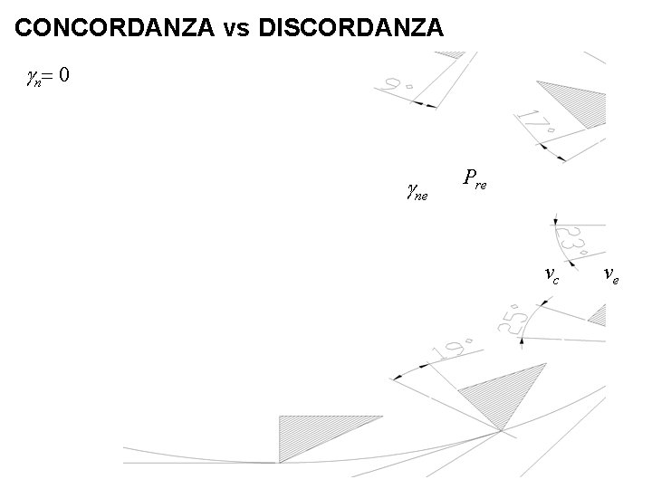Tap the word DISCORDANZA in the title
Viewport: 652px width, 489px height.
351,28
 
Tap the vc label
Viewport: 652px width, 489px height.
551,273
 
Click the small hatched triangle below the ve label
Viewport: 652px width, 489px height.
598,314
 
